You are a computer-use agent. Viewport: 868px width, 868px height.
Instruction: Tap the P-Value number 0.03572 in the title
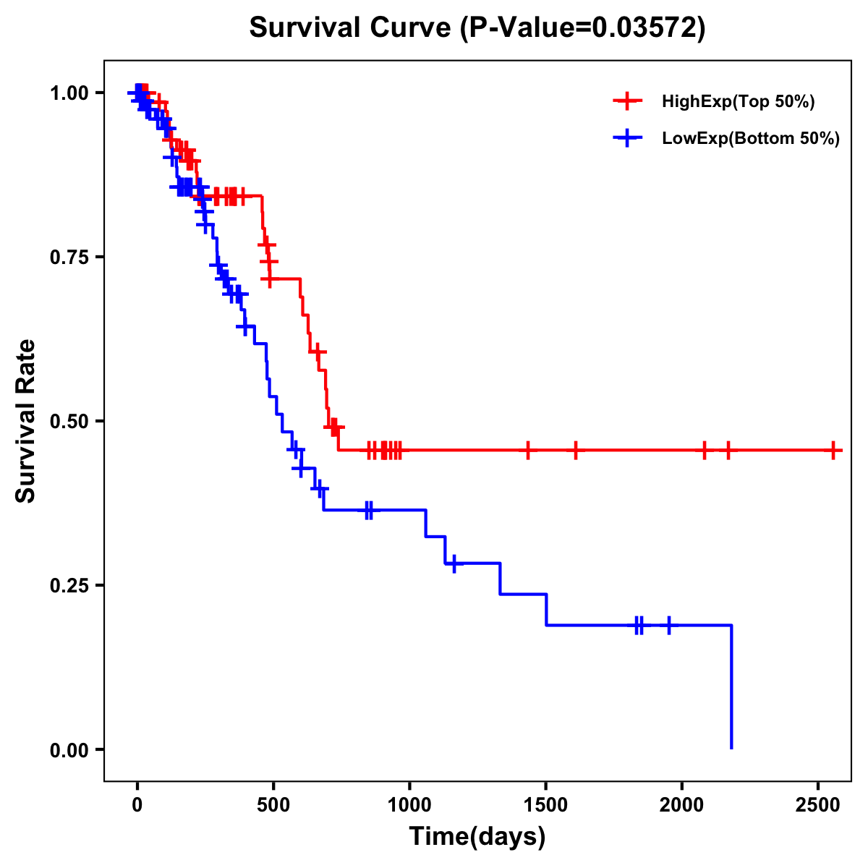pos(645,28)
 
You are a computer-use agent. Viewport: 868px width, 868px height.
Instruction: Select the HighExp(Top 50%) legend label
pos(738,101)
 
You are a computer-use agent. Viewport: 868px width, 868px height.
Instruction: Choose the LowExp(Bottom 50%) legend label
pos(751,139)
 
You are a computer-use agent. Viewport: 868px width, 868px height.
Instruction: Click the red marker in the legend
pos(627,101)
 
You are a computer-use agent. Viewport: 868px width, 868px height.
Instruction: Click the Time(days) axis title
pos(477,837)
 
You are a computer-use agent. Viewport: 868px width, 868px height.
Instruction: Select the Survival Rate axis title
pos(26,420)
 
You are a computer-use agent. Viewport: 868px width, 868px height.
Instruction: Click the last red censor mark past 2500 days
pos(833,450)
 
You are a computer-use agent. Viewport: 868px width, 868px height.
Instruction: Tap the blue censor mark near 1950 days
pos(668,624)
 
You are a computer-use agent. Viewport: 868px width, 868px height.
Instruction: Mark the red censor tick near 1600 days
pos(576,450)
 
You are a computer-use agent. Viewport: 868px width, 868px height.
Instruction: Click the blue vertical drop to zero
pos(731,687)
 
